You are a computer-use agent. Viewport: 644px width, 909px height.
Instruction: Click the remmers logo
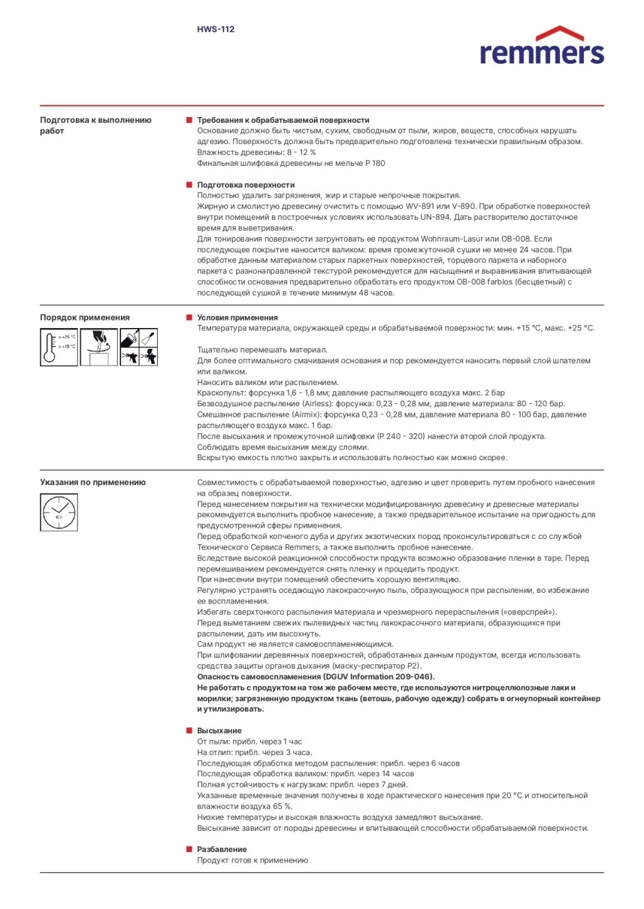(x=541, y=46)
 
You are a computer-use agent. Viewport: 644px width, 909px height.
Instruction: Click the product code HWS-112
(x=216, y=29)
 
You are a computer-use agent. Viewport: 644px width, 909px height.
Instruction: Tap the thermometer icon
(x=58, y=347)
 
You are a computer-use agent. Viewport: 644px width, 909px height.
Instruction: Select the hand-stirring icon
(x=99, y=347)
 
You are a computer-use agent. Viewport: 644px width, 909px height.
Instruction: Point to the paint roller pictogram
(x=130, y=338)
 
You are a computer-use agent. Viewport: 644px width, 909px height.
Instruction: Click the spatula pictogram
(x=148, y=338)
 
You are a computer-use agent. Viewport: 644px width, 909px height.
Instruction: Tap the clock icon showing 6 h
(x=59, y=512)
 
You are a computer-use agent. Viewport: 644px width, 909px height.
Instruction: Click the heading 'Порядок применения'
(x=85, y=317)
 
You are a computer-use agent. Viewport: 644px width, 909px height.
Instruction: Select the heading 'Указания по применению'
(x=93, y=482)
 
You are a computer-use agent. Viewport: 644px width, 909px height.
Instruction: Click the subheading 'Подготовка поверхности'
(x=246, y=185)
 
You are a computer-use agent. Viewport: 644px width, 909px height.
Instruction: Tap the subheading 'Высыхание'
(x=219, y=731)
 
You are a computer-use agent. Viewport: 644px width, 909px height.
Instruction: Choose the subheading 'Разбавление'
(x=222, y=850)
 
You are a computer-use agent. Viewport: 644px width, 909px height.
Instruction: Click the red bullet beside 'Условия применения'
(x=189, y=317)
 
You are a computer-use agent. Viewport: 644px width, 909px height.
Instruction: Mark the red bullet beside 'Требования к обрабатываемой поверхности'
(x=189, y=120)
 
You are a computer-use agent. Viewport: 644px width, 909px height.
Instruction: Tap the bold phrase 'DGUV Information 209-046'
(x=378, y=677)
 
